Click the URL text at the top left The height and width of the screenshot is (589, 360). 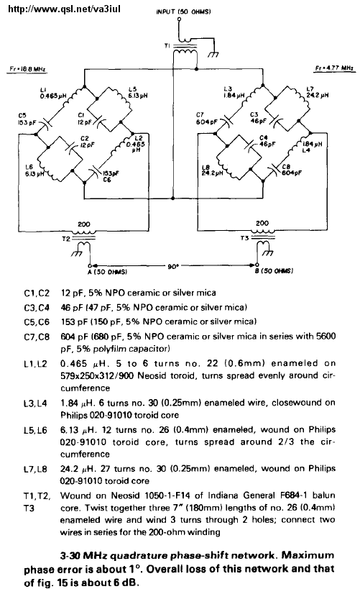pyautogui.click(x=64, y=8)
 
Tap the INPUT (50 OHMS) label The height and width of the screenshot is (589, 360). pyautogui.click(x=183, y=12)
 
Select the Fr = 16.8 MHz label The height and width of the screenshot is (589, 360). pyautogui.click(x=28, y=69)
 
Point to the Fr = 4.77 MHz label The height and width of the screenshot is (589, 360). pyautogui.click(x=336, y=68)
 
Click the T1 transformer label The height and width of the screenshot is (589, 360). pyautogui.click(x=167, y=45)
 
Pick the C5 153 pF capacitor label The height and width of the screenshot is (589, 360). pyautogui.click(x=27, y=119)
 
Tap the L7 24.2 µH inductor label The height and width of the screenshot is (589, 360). pyautogui.click(x=317, y=92)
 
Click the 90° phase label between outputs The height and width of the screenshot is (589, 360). pyautogui.click(x=173, y=266)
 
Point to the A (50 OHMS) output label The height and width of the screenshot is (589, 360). pyautogui.click(x=107, y=271)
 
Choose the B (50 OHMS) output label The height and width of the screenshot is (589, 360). pyautogui.click(x=274, y=270)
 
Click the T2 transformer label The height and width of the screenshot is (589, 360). pyautogui.click(x=65, y=239)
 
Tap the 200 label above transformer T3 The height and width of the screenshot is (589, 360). pyautogui.click(x=262, y=223)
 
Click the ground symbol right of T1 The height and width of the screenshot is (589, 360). pyautogui.click(x=213, y=55)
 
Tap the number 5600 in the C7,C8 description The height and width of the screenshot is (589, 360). pyautogui.click(x=326, y=336)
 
